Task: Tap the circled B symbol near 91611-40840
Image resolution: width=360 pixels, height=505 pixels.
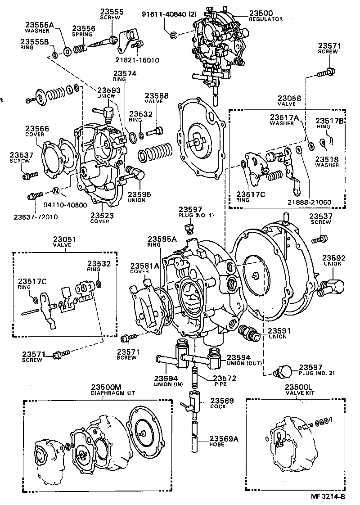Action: [173, 35]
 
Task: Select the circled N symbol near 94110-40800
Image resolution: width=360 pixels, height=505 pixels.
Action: [56, 190]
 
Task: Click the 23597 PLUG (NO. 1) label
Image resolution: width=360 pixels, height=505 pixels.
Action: [196, 212]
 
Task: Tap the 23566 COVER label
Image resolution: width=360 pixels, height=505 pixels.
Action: [37, 131]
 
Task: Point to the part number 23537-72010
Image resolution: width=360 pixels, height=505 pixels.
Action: [36, 217]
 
